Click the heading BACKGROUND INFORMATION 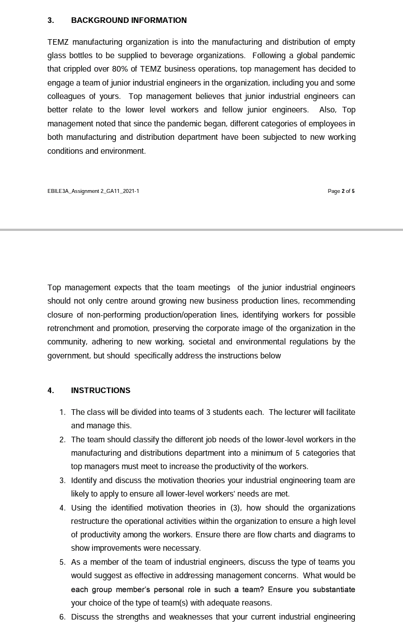pyautogui.click(x=129, y=20)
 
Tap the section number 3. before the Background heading pyautogui.click(x=51, y=20)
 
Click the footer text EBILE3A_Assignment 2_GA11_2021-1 pyautogui.click(x=93, y=191)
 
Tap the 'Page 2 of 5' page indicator pyautogui.click(x=341, y=191)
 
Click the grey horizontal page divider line pyautogui.click(x=201, y=230)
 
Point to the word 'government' pyautogui.click(x=68, y=356)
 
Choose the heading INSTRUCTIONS pyautogui.click(x=101, y=390)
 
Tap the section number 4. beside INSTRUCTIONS pyautogui.click(x=51, y=390)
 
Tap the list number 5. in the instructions pyautogui.click(x=63, y=562)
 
